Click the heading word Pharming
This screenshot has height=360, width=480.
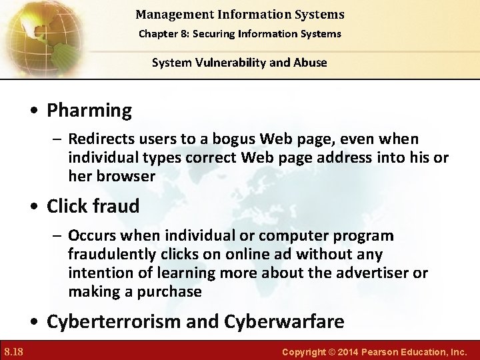click(89, 111)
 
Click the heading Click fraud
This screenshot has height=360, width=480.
click(93, 207)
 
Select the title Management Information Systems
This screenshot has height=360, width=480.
click(240, 13)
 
